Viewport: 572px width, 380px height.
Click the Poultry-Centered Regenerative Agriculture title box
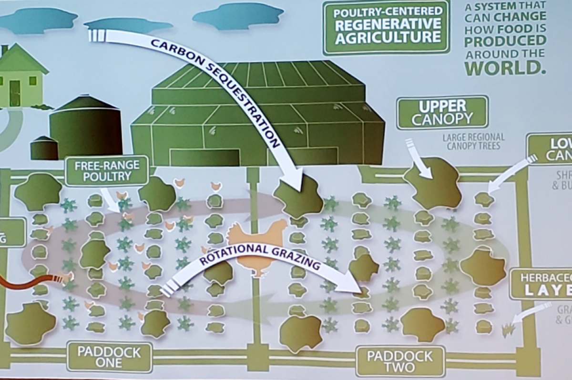pos(386,28)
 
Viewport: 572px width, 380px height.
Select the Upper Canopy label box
pos(442,112)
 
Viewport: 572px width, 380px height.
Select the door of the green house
pos(15,93)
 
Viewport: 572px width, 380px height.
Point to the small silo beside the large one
pos(44,148)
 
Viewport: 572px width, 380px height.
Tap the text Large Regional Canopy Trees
pos(473,141)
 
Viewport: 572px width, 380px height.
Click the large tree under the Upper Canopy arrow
pos(432,183)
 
